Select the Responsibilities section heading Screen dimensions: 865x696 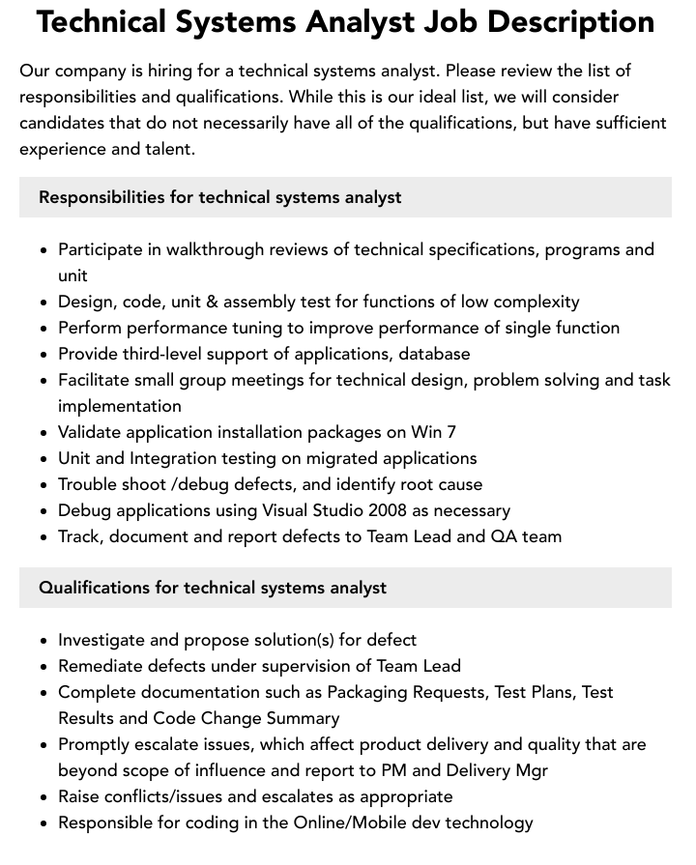[x=219, y=197]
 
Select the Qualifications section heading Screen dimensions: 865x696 [x=213, y=588]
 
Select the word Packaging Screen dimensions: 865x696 [x=368, y=692]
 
